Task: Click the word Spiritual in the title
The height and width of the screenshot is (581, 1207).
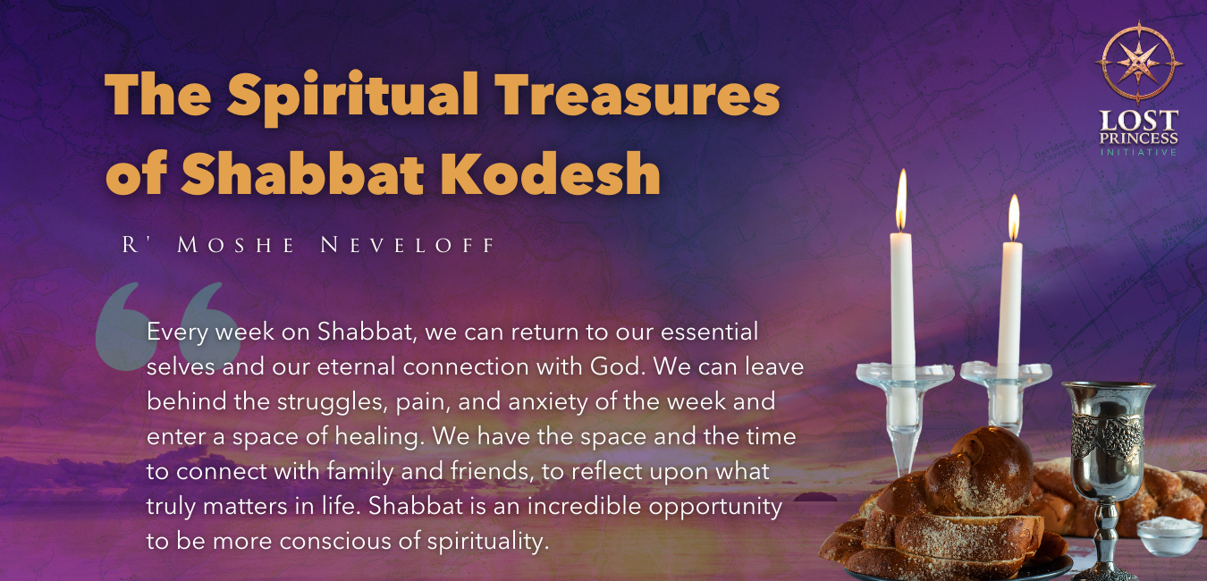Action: [353, 97]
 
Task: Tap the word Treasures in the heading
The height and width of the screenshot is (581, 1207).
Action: [637, 94]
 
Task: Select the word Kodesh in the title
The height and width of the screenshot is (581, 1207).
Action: [551, 173]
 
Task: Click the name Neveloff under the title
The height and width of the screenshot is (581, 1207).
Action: [408, 245]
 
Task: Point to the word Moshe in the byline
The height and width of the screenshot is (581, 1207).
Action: [235, 245]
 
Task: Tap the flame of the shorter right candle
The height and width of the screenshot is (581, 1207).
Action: [1014, 217]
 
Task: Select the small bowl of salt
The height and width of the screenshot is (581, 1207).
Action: [1169, 535]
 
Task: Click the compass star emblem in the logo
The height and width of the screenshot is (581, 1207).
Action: [1138, 63]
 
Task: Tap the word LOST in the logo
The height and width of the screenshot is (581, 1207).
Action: [1138, 120]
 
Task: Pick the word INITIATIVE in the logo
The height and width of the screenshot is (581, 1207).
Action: [1138, 152]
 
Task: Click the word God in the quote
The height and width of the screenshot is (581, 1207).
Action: [617, 366]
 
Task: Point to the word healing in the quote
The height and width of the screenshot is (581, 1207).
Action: [376, 437]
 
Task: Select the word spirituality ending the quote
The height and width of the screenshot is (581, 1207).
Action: [488, 542]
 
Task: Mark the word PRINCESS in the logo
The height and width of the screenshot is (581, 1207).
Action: [1138, 139]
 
